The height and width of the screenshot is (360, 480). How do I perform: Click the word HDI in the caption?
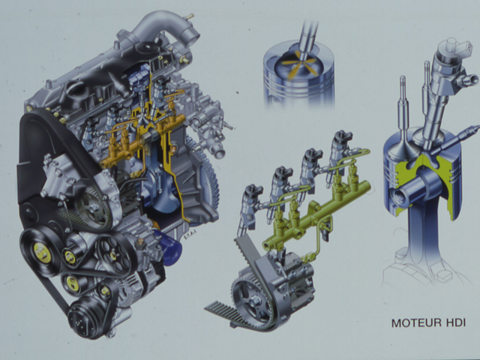coord(456,323)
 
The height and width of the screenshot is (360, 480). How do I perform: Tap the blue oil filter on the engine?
coord(169,247)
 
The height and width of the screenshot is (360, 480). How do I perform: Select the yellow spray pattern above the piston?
coord(298,64)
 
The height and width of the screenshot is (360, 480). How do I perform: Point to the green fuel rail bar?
coord(316,214)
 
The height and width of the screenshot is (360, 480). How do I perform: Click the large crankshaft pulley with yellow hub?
coord(41,253)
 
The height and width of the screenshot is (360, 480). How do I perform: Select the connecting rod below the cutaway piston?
coord(424,232)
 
